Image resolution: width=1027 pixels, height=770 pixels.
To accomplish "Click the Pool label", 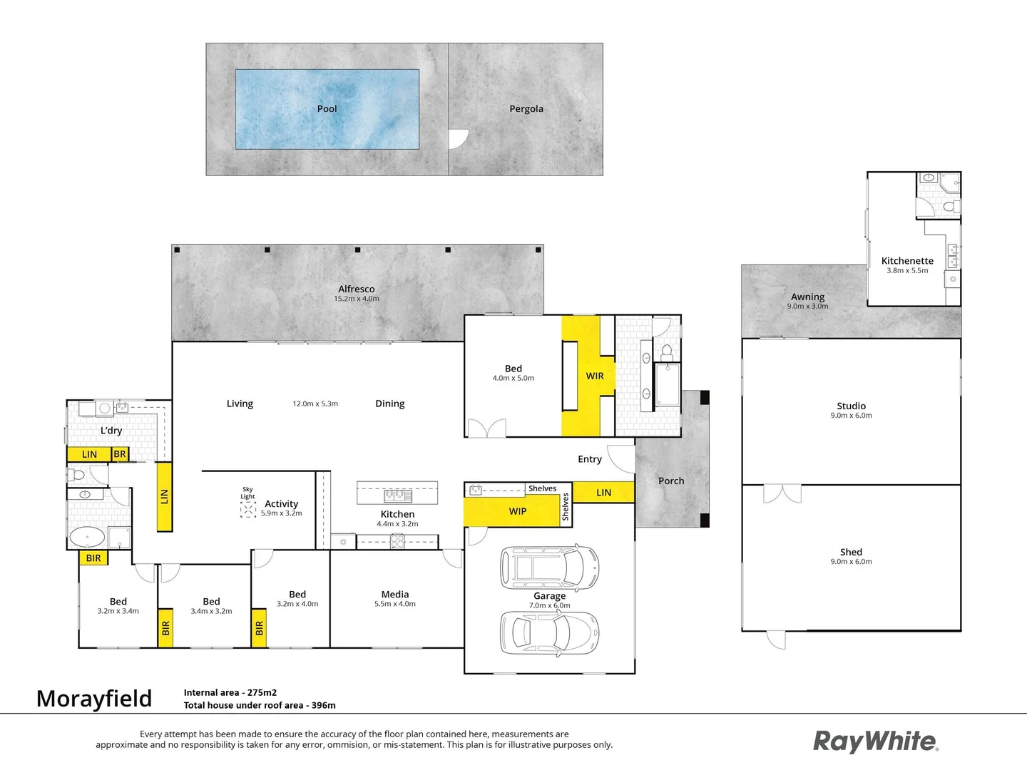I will (327, 109).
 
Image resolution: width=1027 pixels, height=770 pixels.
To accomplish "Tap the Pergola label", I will (526, 109).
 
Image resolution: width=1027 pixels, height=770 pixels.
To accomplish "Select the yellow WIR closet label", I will (595, 376).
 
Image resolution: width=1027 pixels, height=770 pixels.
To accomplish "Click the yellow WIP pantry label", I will (518, 511).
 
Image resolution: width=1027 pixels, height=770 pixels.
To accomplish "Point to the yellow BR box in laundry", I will (120, 454).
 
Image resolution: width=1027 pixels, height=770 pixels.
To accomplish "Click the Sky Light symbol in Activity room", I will (248, 509).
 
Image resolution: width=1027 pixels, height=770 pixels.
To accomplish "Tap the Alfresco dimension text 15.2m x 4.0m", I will (357, 299).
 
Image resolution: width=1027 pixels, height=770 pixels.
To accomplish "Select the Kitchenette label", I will (907, 261).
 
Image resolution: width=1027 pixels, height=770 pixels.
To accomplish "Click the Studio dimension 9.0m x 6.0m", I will (851, 416).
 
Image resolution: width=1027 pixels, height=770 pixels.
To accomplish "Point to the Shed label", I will (851, 552).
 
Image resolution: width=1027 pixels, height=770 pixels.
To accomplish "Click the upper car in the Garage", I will (549, 568).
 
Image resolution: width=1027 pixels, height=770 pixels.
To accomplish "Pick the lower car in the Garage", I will (549, 632).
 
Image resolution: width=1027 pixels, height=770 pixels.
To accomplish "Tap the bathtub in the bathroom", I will (87, 537).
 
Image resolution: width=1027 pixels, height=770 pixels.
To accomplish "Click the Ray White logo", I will (876, 741).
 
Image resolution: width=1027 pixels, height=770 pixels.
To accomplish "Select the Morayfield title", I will (94, 699).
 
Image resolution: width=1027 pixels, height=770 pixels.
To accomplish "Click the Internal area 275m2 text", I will (230, 692).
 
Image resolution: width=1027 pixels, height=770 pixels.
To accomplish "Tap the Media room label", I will (395, 595).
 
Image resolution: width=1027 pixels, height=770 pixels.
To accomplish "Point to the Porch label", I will (671, 481).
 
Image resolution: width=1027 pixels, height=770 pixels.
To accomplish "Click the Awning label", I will (807, 297).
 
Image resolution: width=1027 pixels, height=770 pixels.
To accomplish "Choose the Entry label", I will (590, 459).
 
